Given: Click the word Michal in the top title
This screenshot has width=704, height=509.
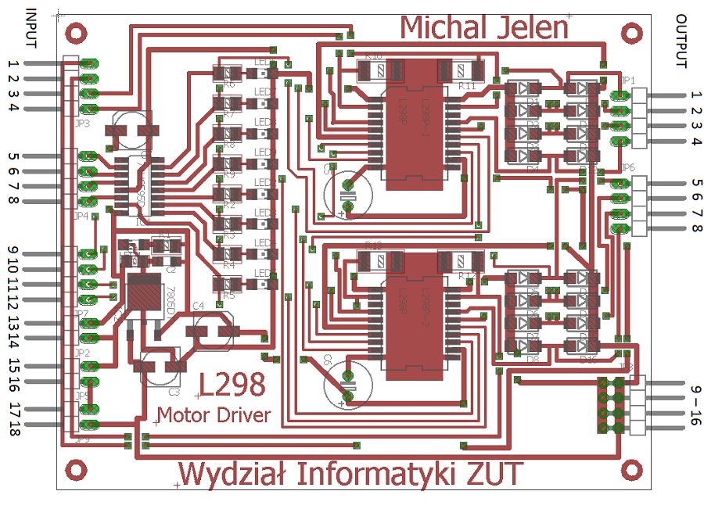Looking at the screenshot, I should tap(444, 27).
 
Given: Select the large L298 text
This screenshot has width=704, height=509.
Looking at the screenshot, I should tap(232, 385).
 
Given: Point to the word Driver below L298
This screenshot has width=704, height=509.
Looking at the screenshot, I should tap(239, 414).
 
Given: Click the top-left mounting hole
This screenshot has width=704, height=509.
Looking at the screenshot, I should tap(76, 33).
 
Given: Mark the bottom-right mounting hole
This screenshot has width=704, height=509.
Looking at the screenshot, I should tap(630, 470).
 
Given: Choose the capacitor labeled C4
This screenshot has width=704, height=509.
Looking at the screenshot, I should tap(212, 330).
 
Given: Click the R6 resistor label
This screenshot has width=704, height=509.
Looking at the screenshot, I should tap(229, 84).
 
